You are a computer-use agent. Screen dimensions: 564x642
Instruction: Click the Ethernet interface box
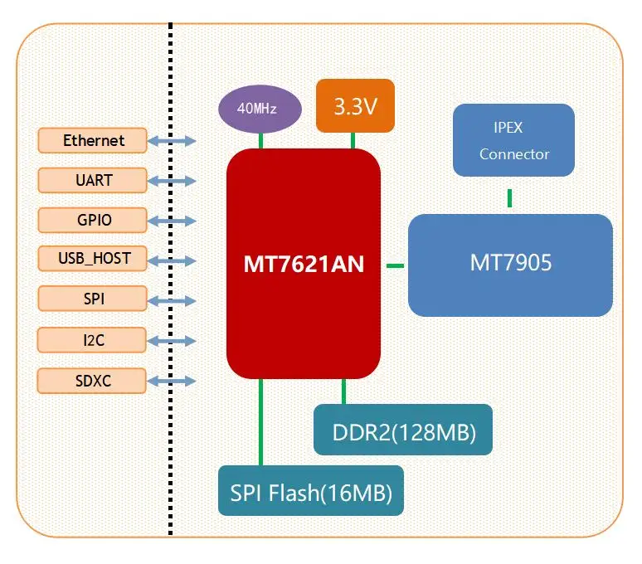93,141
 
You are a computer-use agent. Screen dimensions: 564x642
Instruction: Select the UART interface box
93,180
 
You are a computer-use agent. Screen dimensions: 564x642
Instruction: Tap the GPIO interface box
93,220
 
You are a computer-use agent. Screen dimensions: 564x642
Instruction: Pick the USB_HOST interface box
93,259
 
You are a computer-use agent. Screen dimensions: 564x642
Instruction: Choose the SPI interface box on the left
93,299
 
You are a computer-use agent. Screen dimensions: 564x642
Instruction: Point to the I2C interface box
93,339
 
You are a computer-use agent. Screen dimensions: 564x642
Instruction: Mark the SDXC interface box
93,381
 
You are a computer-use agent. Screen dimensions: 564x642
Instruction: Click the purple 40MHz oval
257,109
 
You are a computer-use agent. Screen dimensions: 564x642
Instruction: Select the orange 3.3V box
355,106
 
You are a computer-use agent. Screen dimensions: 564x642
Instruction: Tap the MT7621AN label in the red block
304,265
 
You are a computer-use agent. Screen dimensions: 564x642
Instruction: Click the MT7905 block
510,265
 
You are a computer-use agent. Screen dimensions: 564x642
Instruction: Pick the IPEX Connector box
513,140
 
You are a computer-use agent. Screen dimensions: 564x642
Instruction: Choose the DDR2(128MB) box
403,430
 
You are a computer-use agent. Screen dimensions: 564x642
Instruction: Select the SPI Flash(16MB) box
311,491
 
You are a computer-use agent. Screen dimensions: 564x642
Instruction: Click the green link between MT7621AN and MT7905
395,265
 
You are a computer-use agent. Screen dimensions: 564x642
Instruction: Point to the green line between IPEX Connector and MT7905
510,197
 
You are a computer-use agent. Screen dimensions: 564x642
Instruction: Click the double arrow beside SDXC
172,381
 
